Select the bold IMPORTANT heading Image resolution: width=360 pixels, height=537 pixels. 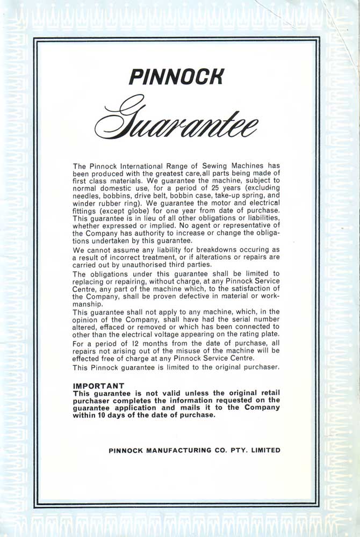tap(98, 385)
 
